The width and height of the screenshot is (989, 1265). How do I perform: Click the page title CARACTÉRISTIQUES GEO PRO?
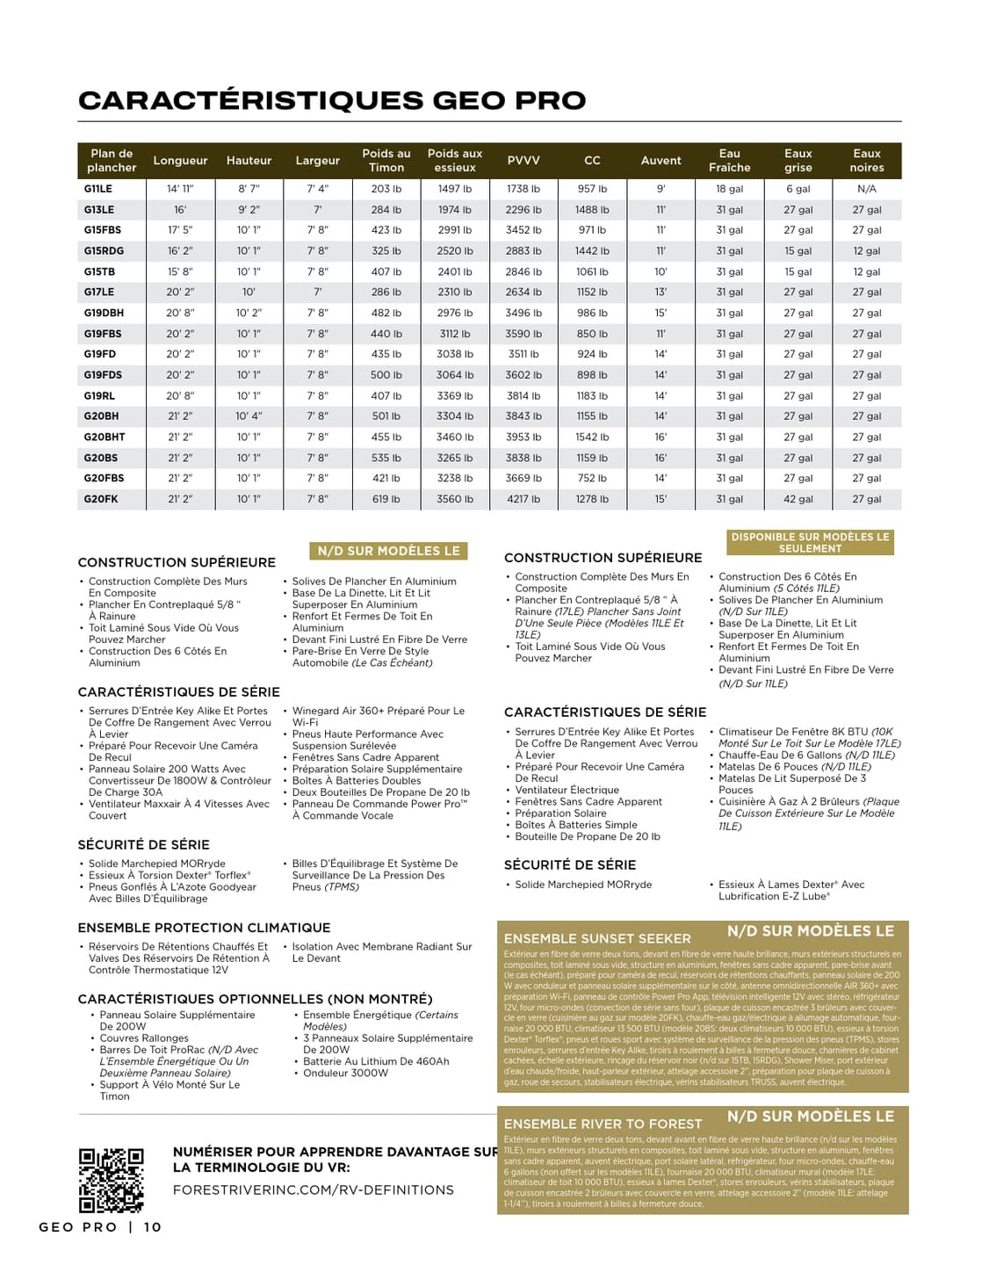coord(332,100)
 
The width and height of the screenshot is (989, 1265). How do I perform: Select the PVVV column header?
coord(523,161)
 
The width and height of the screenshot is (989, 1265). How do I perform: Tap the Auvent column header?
coord(661,161)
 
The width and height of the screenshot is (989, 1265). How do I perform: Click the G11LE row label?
coord(98,189)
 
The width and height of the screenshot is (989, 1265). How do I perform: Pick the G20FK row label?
coord(101,499)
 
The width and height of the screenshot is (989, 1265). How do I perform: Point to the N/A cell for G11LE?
coord(866,189)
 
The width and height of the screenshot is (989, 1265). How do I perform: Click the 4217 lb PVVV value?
coord(523,499)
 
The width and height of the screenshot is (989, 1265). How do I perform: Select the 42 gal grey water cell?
coord(798,499)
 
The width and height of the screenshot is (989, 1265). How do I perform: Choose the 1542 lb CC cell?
coord(592,437)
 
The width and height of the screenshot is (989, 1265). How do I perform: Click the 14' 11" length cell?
coord(180,189)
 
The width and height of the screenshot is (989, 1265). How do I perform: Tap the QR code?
coord(111,1179)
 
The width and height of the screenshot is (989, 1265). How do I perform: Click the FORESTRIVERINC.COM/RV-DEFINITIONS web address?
coord(314,1189)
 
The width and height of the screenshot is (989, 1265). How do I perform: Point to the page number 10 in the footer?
coord(153,1227)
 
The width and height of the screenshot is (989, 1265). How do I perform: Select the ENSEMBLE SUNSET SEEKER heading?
coord(597,938)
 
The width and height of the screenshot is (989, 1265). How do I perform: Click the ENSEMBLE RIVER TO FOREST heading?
coord(603,1124)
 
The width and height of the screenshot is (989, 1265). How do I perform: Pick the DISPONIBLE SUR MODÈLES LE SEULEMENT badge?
coord(810,542)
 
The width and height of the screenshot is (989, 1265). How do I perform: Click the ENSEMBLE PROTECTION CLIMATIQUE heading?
coord(204,928)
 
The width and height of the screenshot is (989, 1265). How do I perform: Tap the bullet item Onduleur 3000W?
coord(345,1073)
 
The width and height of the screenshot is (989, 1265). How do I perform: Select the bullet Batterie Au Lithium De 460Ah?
coord(376,1061)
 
